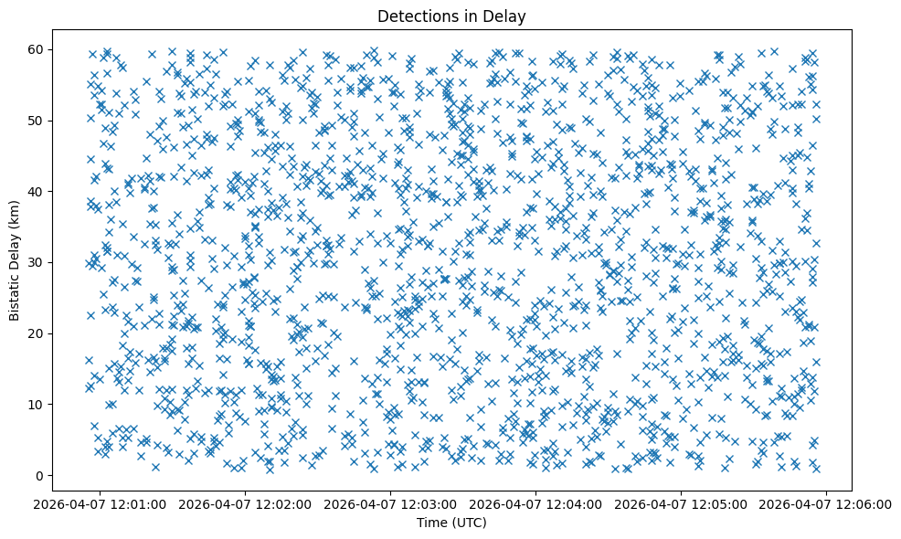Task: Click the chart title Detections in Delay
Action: [451, 16]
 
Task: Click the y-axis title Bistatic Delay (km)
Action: [15, 261]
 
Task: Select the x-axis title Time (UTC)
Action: [451, 523]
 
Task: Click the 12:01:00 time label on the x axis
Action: [101, 503]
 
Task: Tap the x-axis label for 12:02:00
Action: [246, 503]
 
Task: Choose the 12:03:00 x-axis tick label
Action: [391, 503]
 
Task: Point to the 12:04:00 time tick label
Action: [536, 503]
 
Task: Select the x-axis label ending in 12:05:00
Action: [682, 503]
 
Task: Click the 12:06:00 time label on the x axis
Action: [827, 503]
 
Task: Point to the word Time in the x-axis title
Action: [431, 523]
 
